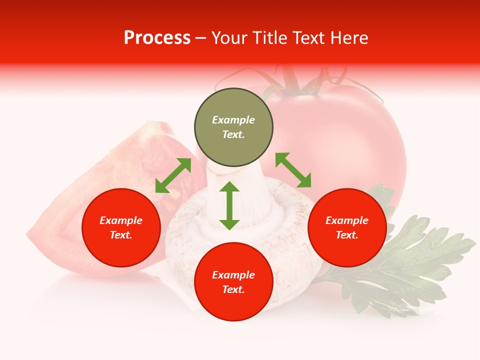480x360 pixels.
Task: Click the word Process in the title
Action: click(x=157, y=38)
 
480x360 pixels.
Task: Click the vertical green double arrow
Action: click(x=229, y=205)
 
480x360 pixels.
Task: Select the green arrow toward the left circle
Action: click(x=173, y=175)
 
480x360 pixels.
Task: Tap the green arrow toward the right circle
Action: click(x=293, y=170)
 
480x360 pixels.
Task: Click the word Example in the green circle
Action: click(x=233, y=120)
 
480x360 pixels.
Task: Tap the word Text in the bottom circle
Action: click(x=233, y=289)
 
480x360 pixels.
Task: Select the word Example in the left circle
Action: click(x=121, y=220)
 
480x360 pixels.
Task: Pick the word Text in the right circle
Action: click(x=347, y=235)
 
